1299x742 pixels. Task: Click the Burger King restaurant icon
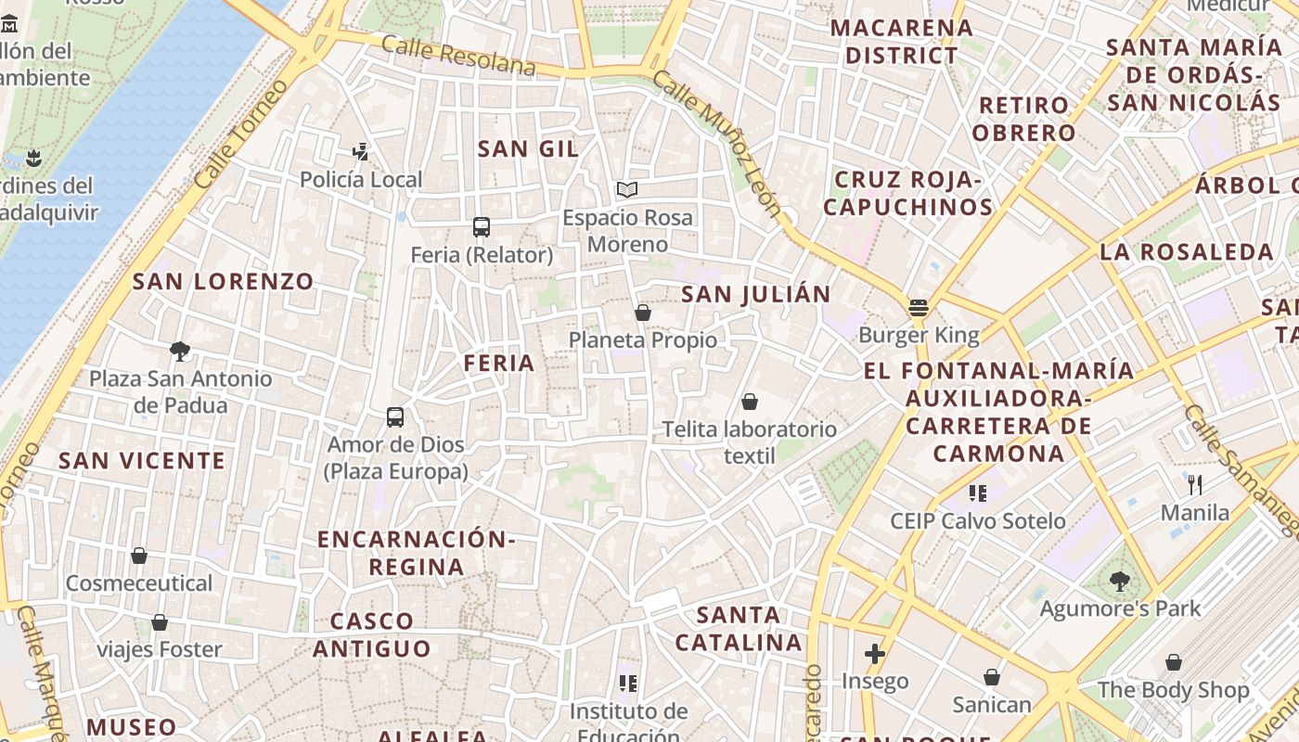pos(919,307)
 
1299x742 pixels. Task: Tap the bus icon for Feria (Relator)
pos(481,226)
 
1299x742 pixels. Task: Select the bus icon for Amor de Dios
pos(395,416)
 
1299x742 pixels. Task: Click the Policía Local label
pos(361,180)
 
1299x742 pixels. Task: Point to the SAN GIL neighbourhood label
pos(528,148)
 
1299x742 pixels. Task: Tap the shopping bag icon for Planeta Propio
pos(642,313)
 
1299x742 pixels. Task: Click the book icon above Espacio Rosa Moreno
pos(627,190)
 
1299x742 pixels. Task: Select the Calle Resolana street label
pos(458,57)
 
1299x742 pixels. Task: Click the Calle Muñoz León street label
pos(717,143)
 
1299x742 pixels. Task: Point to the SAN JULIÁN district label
pos(756,295)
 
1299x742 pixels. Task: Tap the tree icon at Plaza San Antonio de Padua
pos(180,351)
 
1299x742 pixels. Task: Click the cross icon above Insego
pos(874,654)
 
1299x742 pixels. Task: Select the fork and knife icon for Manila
pos(1195,484)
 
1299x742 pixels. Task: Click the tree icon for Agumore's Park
pos(1120,582)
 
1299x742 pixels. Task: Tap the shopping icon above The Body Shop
pos(1174,662)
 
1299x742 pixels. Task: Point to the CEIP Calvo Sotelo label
pos(978,521)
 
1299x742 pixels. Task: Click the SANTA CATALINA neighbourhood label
pos(739,628)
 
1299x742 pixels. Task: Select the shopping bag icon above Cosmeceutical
pos(139,556)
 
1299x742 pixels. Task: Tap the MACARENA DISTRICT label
pos(901,42)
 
